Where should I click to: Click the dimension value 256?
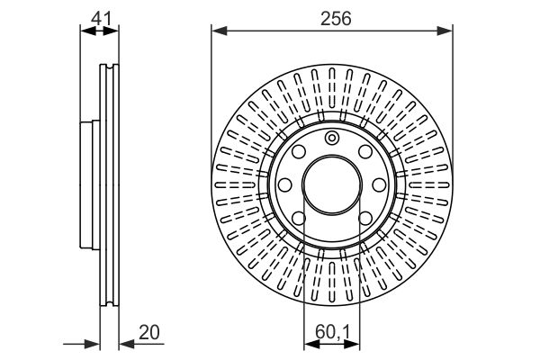pos(336,18)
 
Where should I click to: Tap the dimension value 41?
pos(101,18)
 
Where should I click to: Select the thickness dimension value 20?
pos(149,332)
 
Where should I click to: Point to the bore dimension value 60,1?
pos(332,333)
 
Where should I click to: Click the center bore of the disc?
pos(332,184)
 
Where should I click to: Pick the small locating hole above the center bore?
pos(331,138)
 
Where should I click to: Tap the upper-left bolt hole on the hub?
pos(299,151)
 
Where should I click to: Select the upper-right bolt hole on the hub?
pos(365,151)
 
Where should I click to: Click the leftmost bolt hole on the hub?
pos(284,184)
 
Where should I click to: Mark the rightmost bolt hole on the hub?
pos(379,184)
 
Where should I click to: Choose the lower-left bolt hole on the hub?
pos(299,218)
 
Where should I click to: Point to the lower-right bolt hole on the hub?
pos(365,218)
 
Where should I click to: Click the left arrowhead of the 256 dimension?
pos(220,31)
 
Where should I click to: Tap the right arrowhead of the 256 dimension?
pos(445,31)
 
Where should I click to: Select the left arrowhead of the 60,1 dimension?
pos(311,344)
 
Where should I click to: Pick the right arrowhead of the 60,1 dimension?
pos(352,344)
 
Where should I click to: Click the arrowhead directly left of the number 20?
pos(127,344)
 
